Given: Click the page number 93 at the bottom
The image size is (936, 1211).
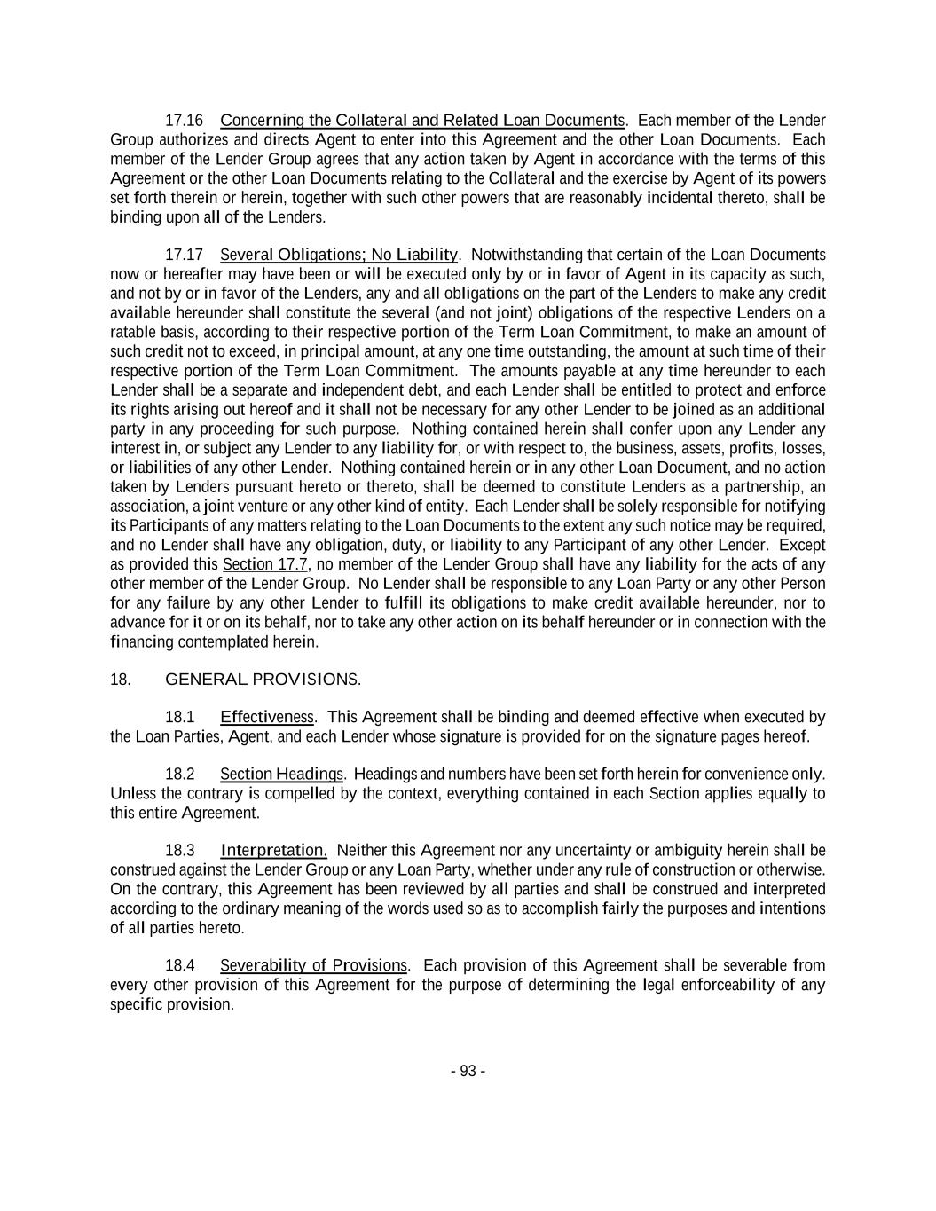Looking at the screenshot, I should [468, 1071].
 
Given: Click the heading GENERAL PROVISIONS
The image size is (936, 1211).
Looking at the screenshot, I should [263, 680].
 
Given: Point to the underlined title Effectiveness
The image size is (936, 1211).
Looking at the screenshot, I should [267, 717].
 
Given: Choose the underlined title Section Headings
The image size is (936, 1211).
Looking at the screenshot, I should [282, 774].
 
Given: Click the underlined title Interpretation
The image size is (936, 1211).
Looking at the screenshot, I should [273, 850].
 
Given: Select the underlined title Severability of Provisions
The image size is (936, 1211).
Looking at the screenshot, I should [314, 965].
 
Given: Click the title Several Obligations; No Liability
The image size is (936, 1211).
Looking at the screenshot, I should [338, 255].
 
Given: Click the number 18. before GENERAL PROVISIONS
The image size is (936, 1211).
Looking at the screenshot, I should [121, 680].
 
